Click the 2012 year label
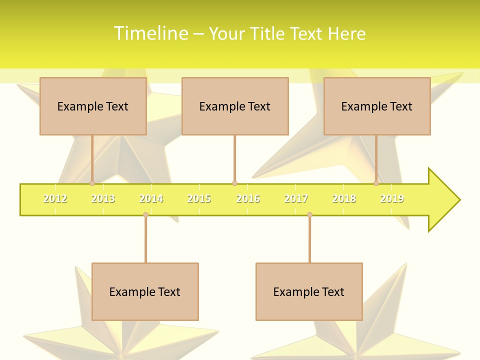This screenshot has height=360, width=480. pos(55,199)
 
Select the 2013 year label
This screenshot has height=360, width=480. pos(103,199)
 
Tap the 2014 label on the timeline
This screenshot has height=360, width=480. pos(151,199)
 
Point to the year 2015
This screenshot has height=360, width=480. pos(199,199)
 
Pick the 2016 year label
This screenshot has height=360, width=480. pos(248,199)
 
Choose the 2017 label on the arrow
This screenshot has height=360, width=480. pos(296,199)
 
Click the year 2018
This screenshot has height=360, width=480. pos(344,199)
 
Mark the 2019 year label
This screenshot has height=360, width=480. pos(392,199)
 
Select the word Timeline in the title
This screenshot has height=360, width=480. pos(150,33)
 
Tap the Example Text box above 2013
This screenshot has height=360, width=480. pos(93,106)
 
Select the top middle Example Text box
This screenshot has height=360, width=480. pos(235,106)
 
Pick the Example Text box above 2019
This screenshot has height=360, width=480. pos(377,106)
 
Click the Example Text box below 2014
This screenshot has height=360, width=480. pos(145,291)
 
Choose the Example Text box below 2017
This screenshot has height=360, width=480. pos(309,291)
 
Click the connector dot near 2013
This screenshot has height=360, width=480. pos(92,183)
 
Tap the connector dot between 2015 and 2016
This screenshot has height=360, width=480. pos(234,183)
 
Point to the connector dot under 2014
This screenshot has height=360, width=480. pos(145,215)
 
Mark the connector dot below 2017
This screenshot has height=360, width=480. pos(309,215)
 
